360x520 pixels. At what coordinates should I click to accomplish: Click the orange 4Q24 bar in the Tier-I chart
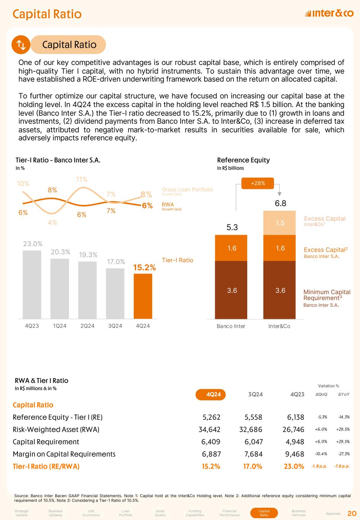143,296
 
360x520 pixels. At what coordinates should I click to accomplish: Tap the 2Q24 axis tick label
87,326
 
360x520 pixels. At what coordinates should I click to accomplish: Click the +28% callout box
258,184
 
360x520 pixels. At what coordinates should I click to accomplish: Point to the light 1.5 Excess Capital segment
280,223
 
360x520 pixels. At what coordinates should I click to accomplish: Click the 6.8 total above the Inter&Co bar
280,204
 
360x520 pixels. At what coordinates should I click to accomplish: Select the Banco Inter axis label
231,326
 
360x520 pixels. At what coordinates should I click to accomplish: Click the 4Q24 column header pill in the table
211,395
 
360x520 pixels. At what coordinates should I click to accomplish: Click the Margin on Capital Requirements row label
64,454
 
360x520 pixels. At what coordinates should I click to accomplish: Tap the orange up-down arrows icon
21,45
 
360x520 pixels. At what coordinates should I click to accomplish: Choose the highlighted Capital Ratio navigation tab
264,513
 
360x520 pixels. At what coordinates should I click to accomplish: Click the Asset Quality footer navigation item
160,513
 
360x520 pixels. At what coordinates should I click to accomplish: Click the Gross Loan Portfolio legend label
187,190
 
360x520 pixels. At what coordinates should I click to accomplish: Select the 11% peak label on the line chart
82,179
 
